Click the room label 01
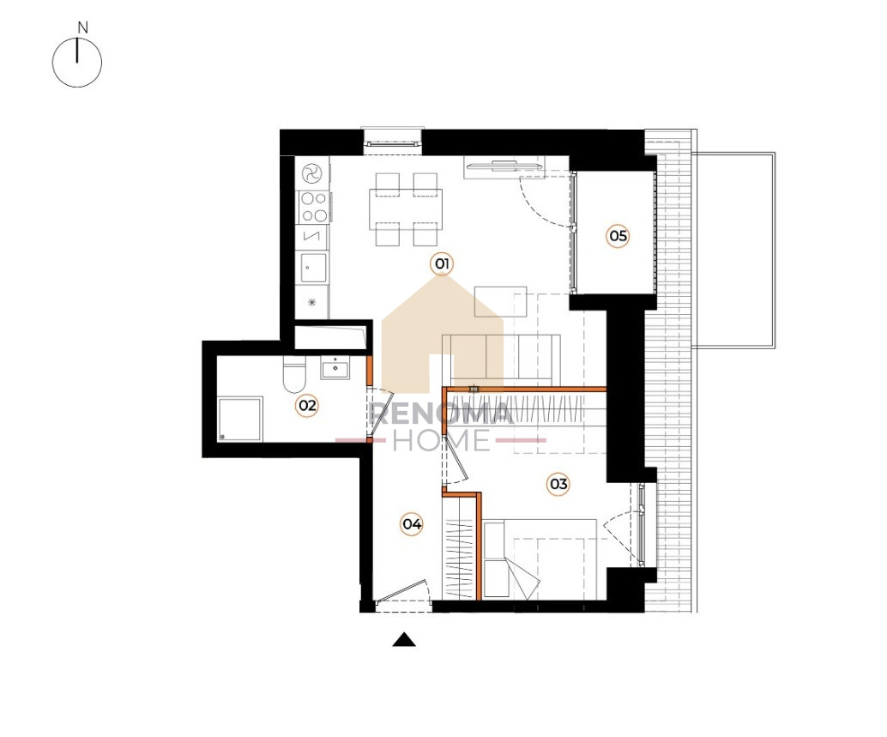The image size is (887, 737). coord(442,263)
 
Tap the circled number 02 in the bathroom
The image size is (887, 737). coord(308,405)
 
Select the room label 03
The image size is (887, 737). coord(558,484)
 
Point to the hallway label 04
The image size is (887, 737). coord(412,524)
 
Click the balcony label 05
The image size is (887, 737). coord(618,235)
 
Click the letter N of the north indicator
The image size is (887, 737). coord(83,27)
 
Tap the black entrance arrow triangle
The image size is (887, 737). coord(404,639)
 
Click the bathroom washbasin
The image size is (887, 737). coord(335,368)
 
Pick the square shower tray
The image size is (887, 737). coord(240,419)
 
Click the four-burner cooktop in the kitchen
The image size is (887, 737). coord(314,207)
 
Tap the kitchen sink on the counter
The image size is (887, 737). coord(313,268)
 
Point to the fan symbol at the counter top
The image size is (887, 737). coord(311,173)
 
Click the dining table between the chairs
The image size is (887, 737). coord(406,209)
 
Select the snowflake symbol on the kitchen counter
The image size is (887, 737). coord(311,302)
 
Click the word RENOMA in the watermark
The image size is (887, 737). coord(441,414)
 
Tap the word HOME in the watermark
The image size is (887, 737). coord(442,440)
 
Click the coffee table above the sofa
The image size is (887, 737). coord(501,301)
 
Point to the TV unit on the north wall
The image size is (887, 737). coord(504,166)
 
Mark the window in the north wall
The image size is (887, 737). coord(393,140)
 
